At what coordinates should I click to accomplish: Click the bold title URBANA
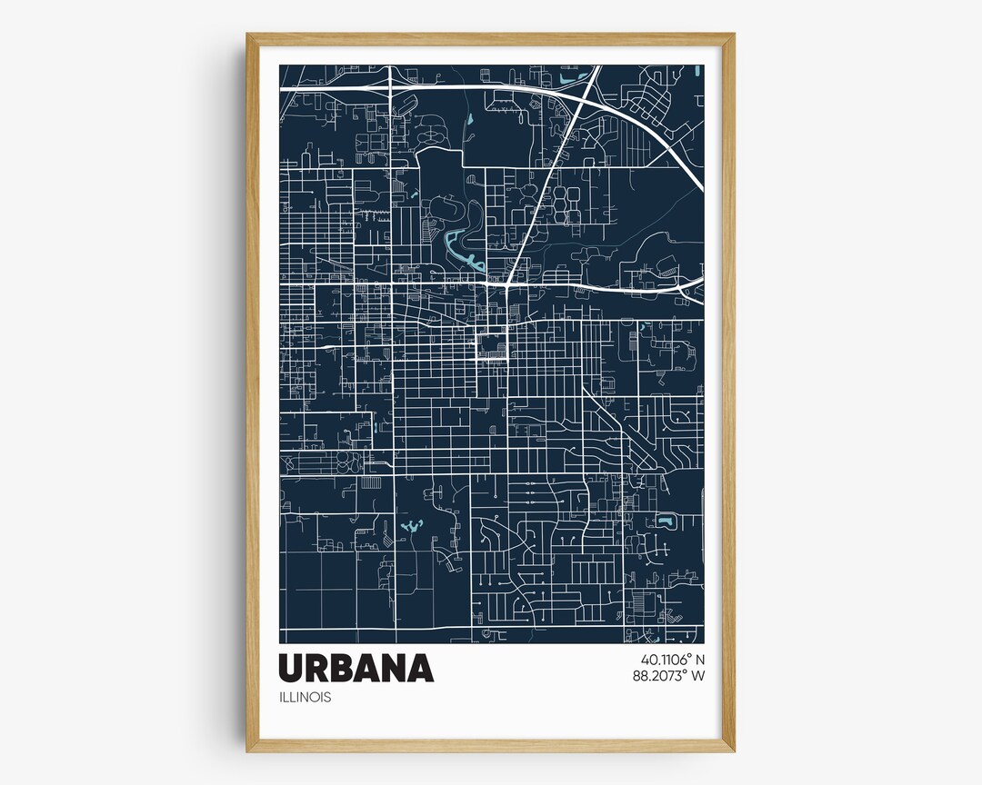[x=356, y=668]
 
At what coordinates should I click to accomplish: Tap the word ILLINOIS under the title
[x=306, y=698]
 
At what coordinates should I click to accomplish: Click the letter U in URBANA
[x=294, y=668]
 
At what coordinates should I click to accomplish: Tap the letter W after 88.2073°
[x=697, y=675]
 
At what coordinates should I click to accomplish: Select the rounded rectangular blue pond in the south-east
[x=666, y=522]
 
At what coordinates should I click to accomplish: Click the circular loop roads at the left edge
[x=343, y=462]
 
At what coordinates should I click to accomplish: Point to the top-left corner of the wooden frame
[x=247, y=35]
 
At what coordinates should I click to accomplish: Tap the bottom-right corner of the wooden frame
[x=733, y=750]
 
